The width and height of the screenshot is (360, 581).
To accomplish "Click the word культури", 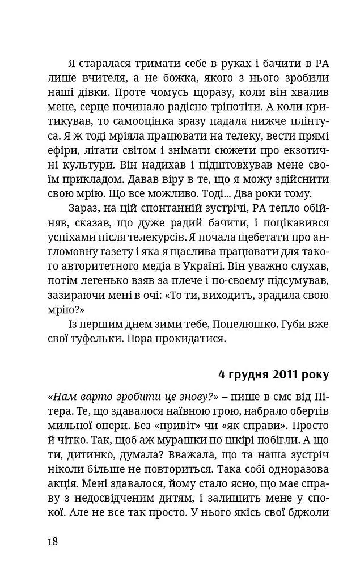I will click(81, 167).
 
